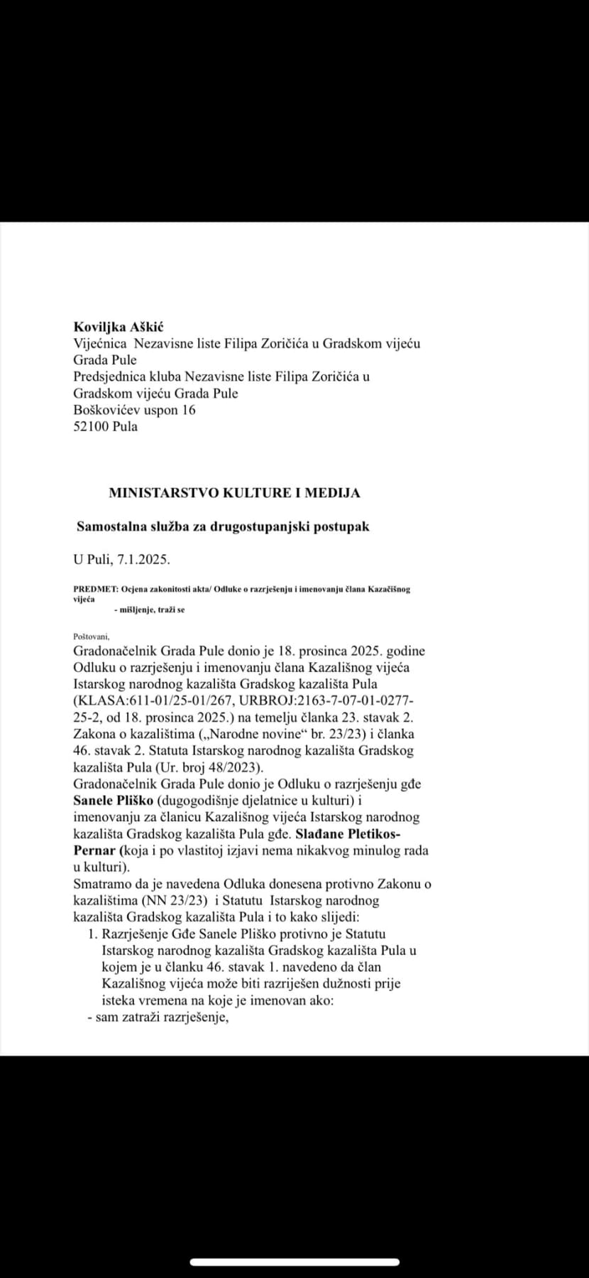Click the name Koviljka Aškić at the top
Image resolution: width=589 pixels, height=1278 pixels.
tap(119, 327)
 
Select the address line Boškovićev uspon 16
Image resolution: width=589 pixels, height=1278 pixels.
tap(134, 410)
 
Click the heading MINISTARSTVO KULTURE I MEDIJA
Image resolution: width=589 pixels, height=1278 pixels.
tap(234, 492)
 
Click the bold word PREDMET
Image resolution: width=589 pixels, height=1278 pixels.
tap(95, 590)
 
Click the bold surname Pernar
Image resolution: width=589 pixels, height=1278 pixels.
tap(95, 850)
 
